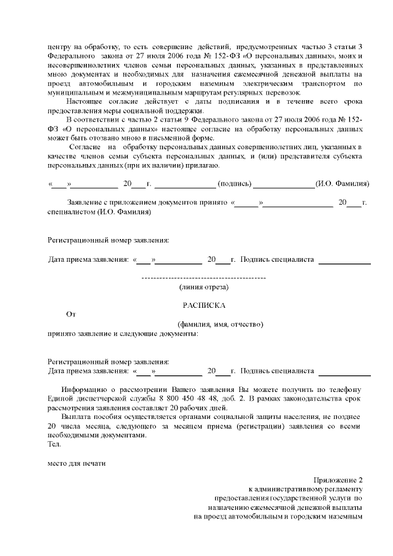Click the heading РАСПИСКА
[x=204, y=305]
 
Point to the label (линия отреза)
[x=204, y=287]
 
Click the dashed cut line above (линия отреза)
[x=204, y=279]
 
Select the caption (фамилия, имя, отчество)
[x=220, y=324]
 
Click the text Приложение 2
[x=338, y=480]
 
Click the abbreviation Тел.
[x=53, y=444]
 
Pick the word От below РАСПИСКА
[x=71, y=314]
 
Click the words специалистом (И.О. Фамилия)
[x=99, y=212]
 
